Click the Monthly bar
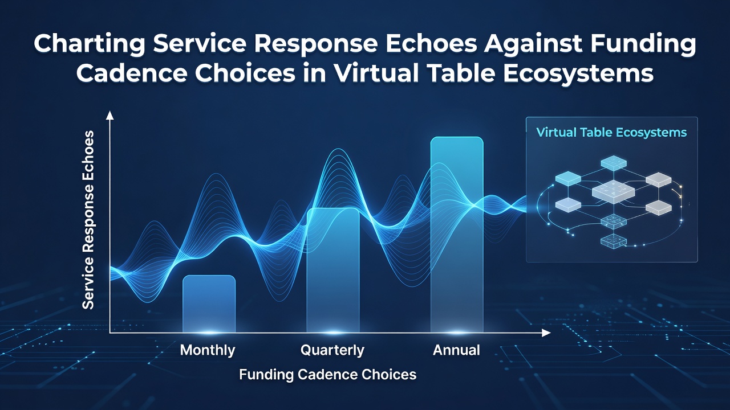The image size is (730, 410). [x=209, y=304]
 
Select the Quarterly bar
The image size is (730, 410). [x=333, y=270]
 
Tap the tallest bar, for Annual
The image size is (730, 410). [x=457, y=235]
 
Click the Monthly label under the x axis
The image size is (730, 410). [x=208, y=350]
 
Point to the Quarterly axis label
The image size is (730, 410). [x=332, y=350]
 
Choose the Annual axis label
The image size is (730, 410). [x=456, y=350]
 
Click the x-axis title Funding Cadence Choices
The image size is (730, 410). [x=328, y=375]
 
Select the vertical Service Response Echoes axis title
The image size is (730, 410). [x=88, y=220]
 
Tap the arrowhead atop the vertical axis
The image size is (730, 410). [x=110, y=115]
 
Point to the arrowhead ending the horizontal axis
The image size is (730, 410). [x=546, y=333]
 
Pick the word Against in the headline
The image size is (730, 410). [x=532, y=44]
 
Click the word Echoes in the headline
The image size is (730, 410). [x=431, y=44]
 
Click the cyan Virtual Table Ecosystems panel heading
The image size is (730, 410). [x=612, y=133]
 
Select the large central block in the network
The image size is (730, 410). [x=613, y=192]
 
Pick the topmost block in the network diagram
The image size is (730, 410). [x=614, y=163]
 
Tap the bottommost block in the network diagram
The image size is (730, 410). [x=613, y=241]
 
